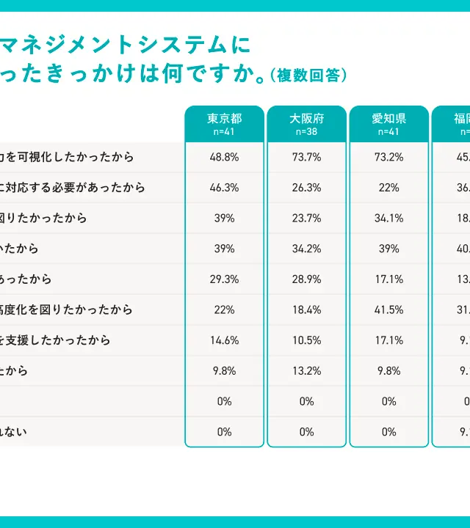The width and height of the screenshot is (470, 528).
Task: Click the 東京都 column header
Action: pyautogui.click(x=224, y=119)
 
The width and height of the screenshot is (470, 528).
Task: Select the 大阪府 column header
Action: pyautogui.click(x=306, y=119)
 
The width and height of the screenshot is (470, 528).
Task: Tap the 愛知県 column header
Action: pyautogui.click(x=388, y=119)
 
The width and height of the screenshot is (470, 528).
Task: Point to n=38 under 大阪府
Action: pyautogui.click(x=306, y=132)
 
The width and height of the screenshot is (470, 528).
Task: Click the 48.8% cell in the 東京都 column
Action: pyautogui.click(x=224, y=157)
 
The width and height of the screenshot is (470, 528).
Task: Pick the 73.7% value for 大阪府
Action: pyautogui.click(x=306, y=157)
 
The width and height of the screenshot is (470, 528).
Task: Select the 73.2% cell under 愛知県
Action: pyautogui.click(x=388, y=157)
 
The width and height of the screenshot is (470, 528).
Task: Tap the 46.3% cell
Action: pyautogui.click(x=224, y=188)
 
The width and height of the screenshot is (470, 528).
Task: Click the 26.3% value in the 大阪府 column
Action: pyautogui.click(x=306, y=188)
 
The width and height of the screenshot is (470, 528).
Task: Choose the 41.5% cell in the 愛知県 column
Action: pyautogui.click(x=388, y=309)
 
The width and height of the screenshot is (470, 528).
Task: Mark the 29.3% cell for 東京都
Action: pyautogui.click(x=224, y=279)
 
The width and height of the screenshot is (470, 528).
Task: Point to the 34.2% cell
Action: pyautogui.click(x=306, y=249)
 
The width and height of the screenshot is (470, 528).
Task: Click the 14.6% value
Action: pyautogui.click(x=224, y=340)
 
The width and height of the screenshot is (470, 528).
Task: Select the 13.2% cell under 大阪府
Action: pyautogui.click(x=306, y=371)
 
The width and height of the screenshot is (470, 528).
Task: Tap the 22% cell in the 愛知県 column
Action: pyautogui.click(x=388, y=188)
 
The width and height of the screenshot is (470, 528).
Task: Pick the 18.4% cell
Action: pyautogui.click(x=306, y=309)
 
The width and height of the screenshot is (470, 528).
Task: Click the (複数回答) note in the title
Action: pyautogui.click(x=308, y=76)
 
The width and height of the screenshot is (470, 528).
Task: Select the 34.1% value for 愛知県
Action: pyautogui.click(x=388, y=218)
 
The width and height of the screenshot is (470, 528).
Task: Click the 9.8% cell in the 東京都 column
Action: pyautogui.click(x=224, y=371)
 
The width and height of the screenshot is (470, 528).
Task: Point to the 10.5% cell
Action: pyautogui.click(x=306, y=340)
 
